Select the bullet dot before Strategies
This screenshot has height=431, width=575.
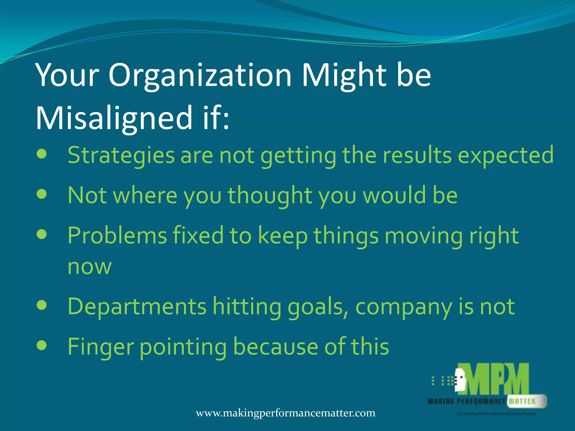tap(42, 154)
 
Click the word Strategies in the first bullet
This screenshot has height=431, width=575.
tap(121, 155)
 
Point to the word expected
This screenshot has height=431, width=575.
tap(506, 155)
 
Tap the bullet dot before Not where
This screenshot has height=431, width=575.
tap(42, 194)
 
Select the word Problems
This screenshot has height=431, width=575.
tap(117, 236)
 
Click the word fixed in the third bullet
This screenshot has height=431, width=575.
tap(198, 236)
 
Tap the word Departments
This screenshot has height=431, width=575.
tap(137, 307)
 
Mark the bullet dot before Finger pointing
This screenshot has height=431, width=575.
tap(42, 345)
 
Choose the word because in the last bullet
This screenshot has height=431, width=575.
tap(275, 347)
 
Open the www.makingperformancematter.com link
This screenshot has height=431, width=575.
tap(285, 413)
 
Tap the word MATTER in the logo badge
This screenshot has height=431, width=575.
tap(522, 402)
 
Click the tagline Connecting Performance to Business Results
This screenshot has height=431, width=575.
tap(496, 414)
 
